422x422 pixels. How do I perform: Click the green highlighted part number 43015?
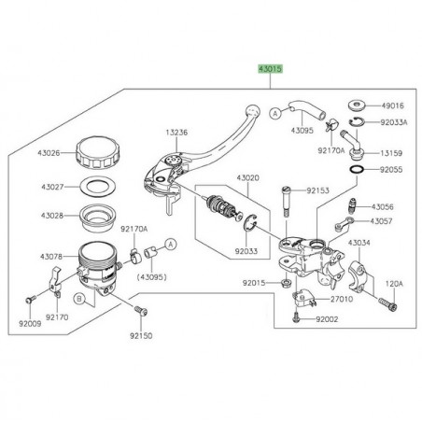(x=271, y=70)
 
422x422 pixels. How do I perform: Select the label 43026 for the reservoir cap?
(x=50, y=153)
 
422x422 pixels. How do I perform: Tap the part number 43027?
(x=50, y=186)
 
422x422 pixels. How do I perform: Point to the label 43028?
(x=50, y=216)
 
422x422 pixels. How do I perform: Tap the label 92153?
(x=319, y=190)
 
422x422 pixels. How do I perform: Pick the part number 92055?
(x=394, y=171)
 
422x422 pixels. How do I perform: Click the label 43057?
(x=383, y=221)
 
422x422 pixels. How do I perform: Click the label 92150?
(x=139, y=334)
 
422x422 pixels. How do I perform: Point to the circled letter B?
(x=79, y=300)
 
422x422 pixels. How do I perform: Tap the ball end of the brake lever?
(x=251, y=109)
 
